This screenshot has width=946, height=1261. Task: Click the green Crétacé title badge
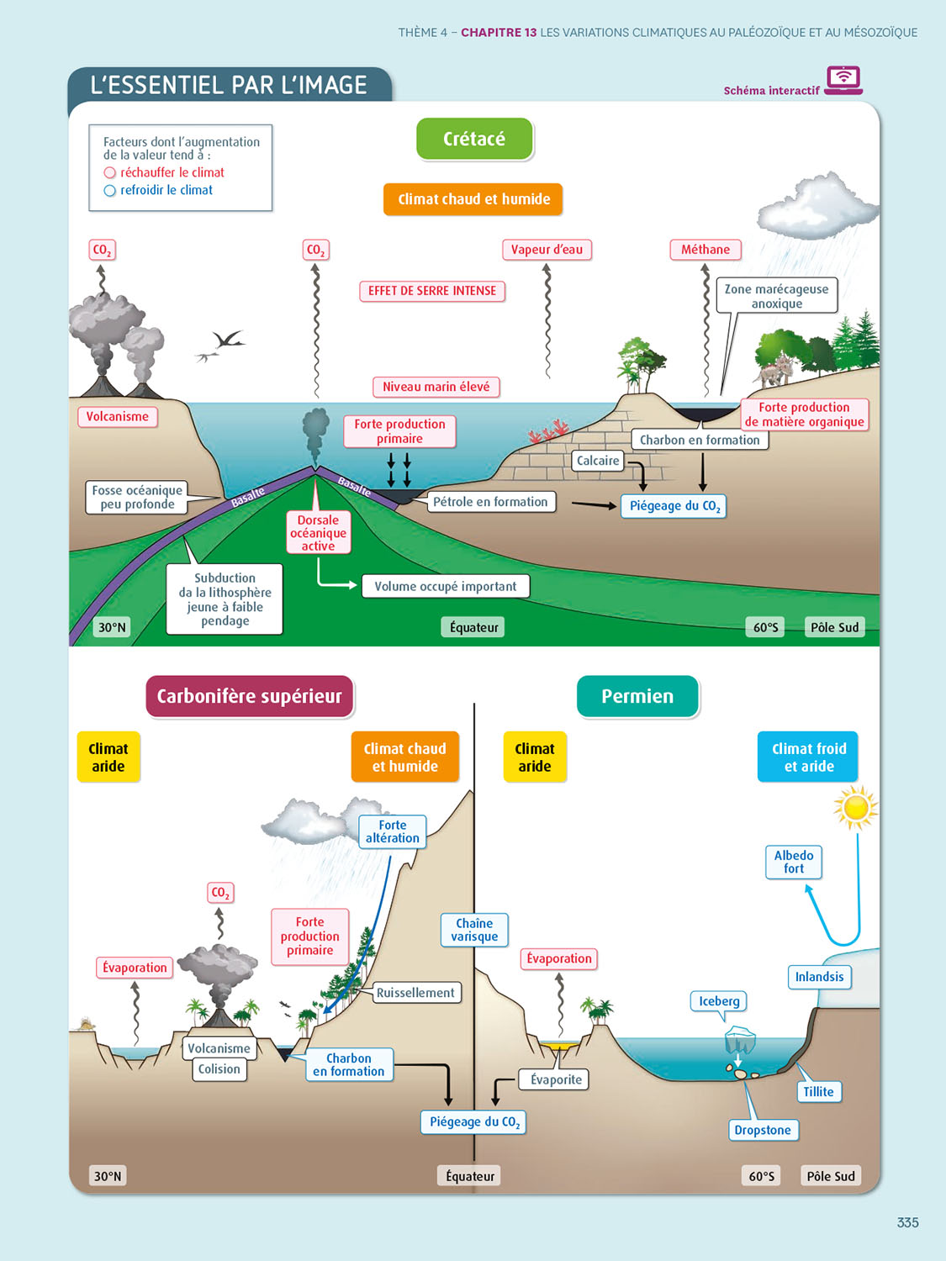tap(474, 139)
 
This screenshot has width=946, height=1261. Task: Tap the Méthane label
tap(706, 250)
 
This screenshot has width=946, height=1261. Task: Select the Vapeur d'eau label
tap(547, 250)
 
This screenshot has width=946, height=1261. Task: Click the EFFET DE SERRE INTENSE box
tap(432, 291)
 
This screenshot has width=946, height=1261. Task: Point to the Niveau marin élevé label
tap(436, 387)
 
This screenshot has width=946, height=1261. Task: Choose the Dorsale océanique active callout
tap(318, 533)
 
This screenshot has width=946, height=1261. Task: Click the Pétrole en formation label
tap(490, 502)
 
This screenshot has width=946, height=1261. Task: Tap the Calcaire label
tap(598, 461)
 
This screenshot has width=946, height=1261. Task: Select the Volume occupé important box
tap(446, 586)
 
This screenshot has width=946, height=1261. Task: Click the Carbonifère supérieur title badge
tap(250, 696)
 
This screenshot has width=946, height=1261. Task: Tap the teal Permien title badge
tap(637, 696)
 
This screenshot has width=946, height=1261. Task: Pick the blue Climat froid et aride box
tap(809, 757)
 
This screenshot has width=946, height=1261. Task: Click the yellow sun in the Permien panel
tap(856, 808)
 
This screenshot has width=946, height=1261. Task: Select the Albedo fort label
tap(794, 862)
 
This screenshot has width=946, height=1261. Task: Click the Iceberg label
tap(719, 1001)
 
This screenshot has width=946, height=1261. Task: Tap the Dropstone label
tap(763, 1130)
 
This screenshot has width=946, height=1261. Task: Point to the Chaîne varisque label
tap(474, 930)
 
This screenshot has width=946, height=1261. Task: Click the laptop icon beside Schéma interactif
tap(843, 80)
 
